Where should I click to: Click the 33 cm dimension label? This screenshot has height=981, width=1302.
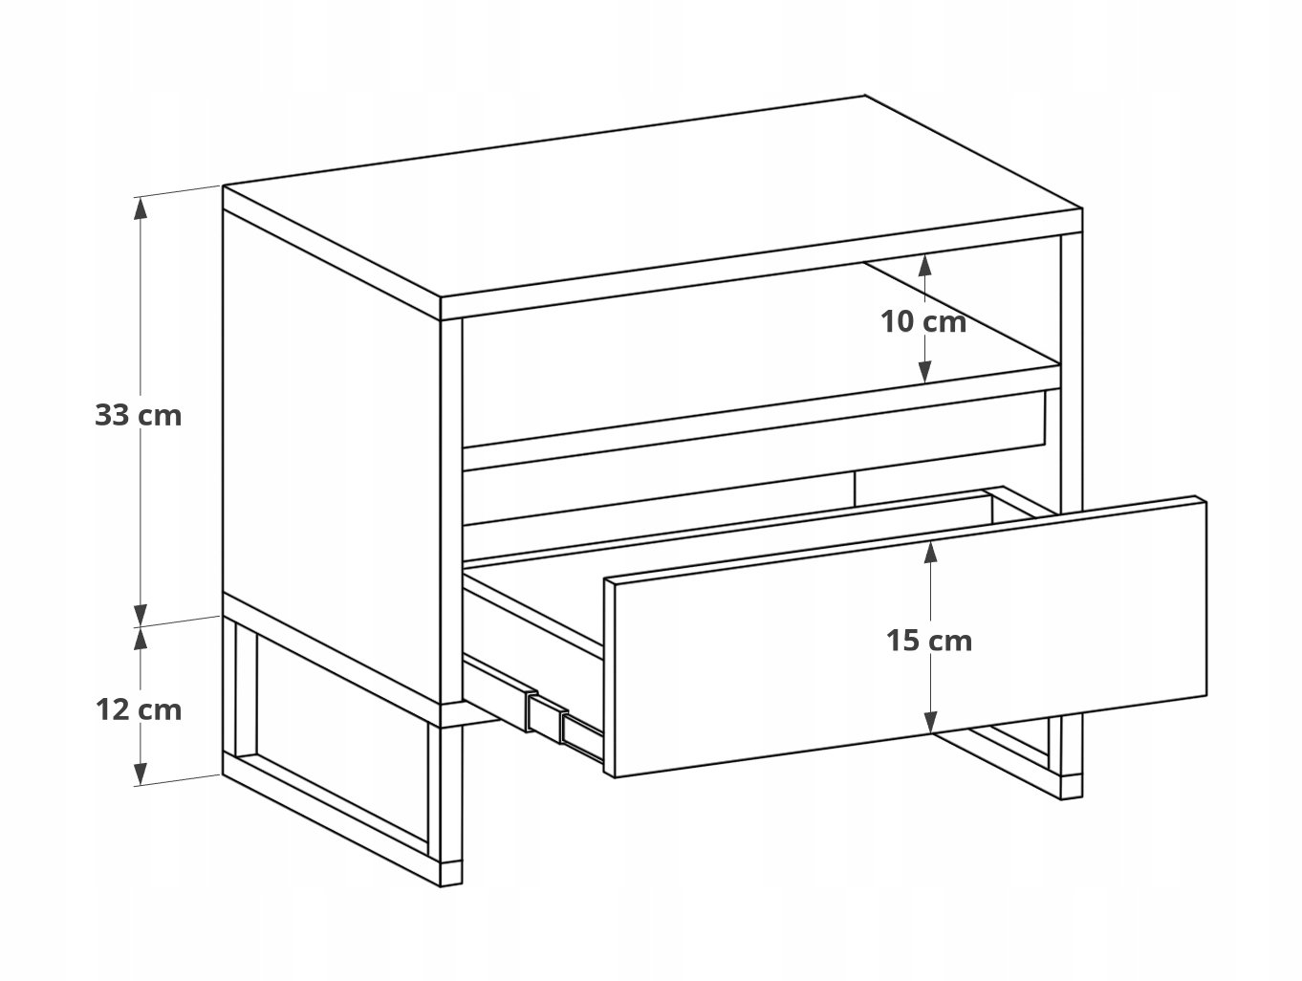[x=139, y=415]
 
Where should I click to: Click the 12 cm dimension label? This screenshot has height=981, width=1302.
[x=139, y=710]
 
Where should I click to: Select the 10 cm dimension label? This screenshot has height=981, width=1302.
[x=922, y=322]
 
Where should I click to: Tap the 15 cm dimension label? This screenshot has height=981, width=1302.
[x=929, y=642]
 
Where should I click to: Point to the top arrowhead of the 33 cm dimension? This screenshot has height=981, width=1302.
[x=140, y=208]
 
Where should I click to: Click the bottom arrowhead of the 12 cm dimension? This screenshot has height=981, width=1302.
[x=140, y=773]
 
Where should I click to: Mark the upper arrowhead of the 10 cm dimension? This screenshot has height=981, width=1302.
[x=924, y=265]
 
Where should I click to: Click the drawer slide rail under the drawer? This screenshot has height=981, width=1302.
[x=533, y=706]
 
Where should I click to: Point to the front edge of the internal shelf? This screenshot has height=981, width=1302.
[x=762, y=418]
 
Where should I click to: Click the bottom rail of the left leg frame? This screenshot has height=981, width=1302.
[x=331, y=821]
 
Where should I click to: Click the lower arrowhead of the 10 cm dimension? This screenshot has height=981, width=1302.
[x=924, y=372]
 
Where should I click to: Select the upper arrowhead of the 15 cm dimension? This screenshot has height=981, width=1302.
[x=930, y=552]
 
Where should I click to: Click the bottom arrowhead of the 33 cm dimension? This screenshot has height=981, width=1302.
[x=140, y=615]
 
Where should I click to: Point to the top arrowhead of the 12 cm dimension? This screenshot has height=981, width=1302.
[x=140, y=638]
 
